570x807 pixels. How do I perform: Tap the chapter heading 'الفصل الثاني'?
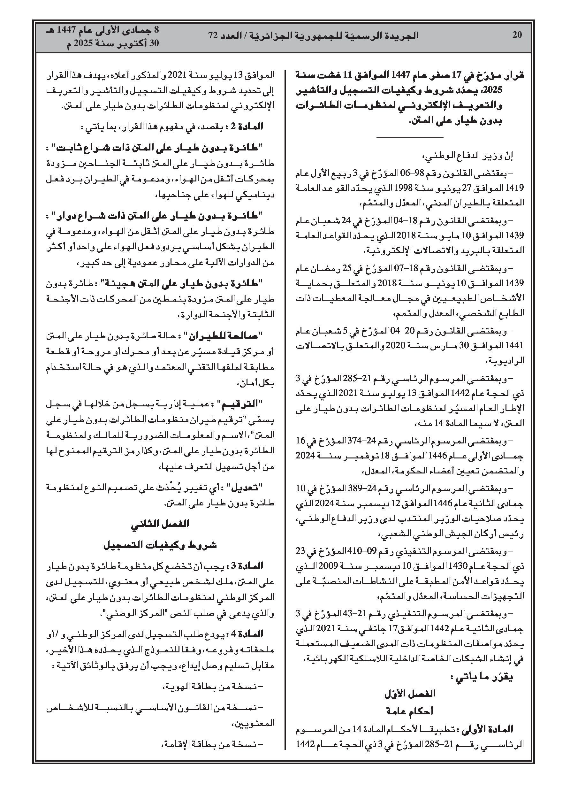tap(160, 524)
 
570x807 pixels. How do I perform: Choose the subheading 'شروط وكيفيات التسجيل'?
tap(160, 545)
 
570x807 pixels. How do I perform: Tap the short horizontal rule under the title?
tap(410, 137)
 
